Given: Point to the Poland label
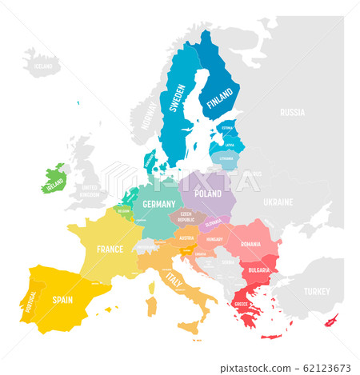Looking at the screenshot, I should [x=208, y=193].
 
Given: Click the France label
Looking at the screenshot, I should [x=110, y=249].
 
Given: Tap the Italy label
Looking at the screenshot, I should [x=174, y=278].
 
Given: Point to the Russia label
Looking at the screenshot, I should [x=292, y=113].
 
